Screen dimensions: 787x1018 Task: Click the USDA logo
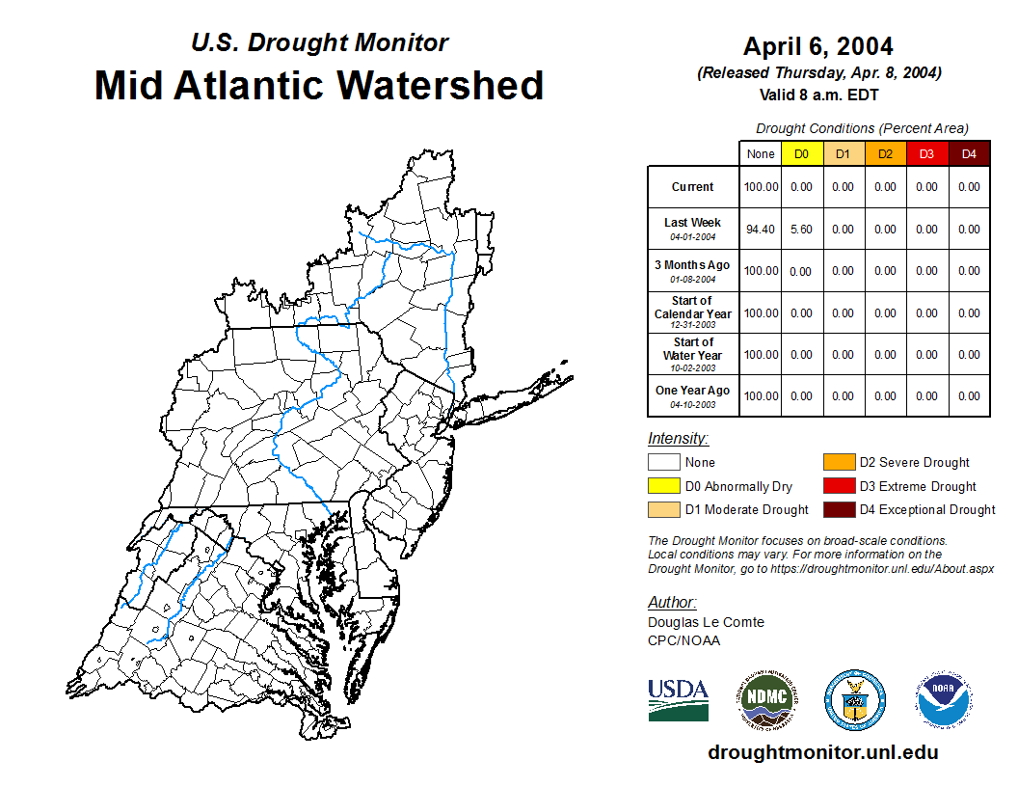[x=678, y=699]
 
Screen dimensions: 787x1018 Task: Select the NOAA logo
[x=944, y=699]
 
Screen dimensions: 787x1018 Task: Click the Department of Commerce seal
[x=854, y=699]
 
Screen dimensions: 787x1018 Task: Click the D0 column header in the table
[x=801, y=154]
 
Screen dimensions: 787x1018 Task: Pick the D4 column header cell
[x=969, y=154]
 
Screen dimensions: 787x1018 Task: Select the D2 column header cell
[x=885, y=154]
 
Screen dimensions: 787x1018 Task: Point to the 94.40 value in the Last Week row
[x=761, y=230]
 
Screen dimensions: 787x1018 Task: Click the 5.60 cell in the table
[x=801, y=230]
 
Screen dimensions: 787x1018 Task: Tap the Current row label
[x=693, y=187]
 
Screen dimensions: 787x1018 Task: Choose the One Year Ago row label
[x=693, y=391]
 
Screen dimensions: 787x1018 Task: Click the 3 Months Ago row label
[x=693, y=265]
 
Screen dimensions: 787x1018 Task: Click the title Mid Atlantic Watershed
[x=319, y=85]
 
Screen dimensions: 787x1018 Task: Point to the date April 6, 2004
[x=817, y=46]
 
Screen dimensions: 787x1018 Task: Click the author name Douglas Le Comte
[x=706, y=622]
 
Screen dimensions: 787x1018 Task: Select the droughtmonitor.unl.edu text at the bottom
[x=822, y=752]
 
